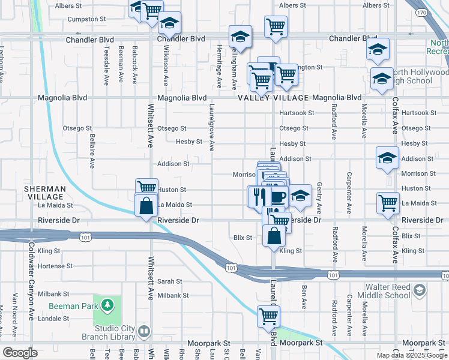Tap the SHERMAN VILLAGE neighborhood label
click(44, 193)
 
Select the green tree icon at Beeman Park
click(107, 305)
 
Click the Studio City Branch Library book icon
click(144, 331)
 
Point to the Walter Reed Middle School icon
click(419, 291)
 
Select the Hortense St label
click(55, 266)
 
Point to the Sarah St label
click(170, 281)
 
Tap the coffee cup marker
click(279, 196)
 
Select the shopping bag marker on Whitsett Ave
click(147, 206)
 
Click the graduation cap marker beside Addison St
click(387, 158)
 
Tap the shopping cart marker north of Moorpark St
click(268, 316)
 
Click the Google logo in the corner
click(20, 353)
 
